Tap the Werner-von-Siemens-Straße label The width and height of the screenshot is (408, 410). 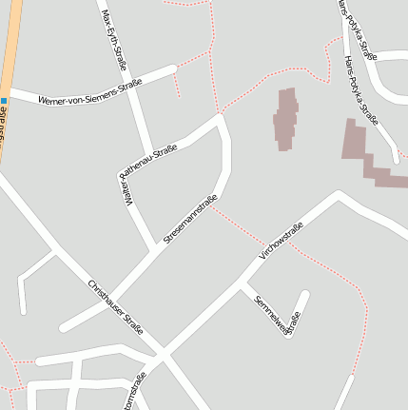pos(90,92)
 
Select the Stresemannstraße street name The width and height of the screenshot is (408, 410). pos(190,220)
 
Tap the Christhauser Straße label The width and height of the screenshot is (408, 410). pos(115,306)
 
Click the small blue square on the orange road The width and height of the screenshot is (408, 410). pos(5,101)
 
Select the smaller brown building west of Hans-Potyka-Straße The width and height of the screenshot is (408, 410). pos(286,119)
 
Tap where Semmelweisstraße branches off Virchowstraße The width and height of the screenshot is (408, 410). pos(245,284)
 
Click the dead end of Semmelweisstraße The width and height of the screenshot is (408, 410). pos(304,295)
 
